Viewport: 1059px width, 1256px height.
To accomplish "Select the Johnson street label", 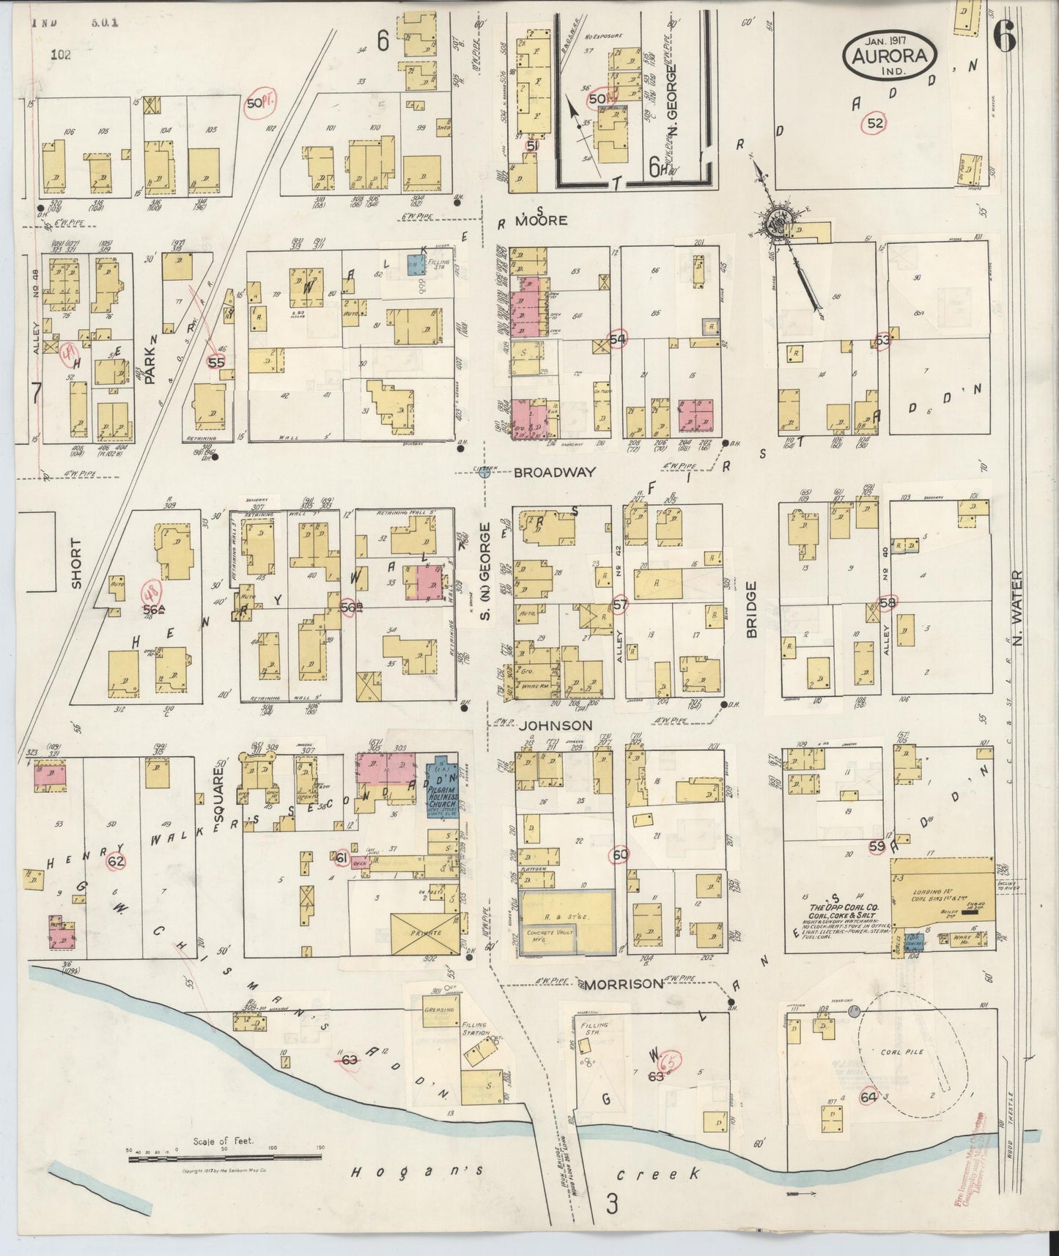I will [x=556, y=725].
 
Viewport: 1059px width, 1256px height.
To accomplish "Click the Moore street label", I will [x=542, y=220].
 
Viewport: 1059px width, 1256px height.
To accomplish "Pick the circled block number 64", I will [x=868, y=1096].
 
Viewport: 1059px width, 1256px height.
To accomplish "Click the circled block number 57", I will [x=620, y=605].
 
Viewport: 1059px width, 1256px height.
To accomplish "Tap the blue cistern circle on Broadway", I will [x=484, y=473].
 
